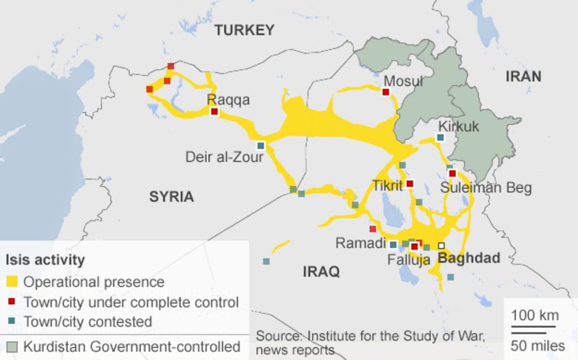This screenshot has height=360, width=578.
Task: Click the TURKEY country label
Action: (x=245, y=30)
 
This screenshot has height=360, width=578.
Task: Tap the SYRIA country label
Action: (x=171, y=196)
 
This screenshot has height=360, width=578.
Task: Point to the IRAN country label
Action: (x=523, y=77)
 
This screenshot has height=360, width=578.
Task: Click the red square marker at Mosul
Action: (x=386, y=92)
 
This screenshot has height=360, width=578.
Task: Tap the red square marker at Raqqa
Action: (x=214, y=111)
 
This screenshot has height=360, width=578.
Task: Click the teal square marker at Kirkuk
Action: (x=441, y=137)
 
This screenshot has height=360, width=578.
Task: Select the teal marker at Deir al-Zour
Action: (x=261, y=145)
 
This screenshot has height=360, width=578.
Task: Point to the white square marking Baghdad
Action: (x=441, y=245)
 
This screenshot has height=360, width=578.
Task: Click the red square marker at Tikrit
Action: (x=410, y=184)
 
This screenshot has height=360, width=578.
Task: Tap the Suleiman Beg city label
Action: (x=488, y=188)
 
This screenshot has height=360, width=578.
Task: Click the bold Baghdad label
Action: (x=469, y=257)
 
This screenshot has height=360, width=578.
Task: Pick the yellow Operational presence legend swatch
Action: (x=12, y=282)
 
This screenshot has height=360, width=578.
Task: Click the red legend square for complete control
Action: (x=12, y=302)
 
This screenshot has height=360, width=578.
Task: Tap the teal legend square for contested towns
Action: (x=12, y=322)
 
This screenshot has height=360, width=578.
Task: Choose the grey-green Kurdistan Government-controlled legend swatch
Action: (x=12, y=346)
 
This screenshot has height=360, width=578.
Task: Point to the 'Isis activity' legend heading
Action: (x=45, y=259)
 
